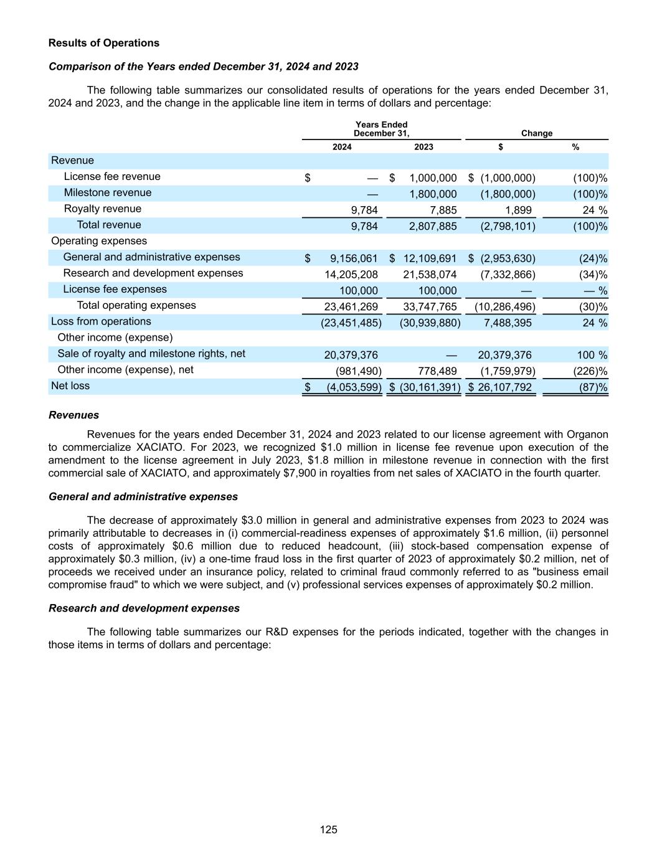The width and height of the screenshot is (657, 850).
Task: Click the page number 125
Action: (329, 829)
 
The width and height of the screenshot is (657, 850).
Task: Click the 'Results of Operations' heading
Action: (104, 43)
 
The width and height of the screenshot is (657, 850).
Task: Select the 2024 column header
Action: (342, 147)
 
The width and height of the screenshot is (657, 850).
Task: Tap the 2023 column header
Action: (423, 147)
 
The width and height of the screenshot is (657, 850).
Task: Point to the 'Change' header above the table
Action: (536, 133)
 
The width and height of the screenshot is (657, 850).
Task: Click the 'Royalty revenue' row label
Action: (103, 209)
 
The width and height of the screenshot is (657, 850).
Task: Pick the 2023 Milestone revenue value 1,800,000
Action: (433, 194)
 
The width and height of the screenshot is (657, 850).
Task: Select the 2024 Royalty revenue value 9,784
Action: (364, 210)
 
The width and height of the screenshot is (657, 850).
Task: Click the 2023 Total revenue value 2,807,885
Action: (433, 226)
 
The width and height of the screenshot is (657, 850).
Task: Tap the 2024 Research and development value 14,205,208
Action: (351, 275)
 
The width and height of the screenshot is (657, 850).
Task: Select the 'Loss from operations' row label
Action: (101, 321)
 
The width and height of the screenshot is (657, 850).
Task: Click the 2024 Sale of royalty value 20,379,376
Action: (351, 355)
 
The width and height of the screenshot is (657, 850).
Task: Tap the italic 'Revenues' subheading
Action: (73, 415)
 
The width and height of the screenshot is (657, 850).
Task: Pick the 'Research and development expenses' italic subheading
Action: (144, 608)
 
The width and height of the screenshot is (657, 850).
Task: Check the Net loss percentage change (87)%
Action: (593, 387)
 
